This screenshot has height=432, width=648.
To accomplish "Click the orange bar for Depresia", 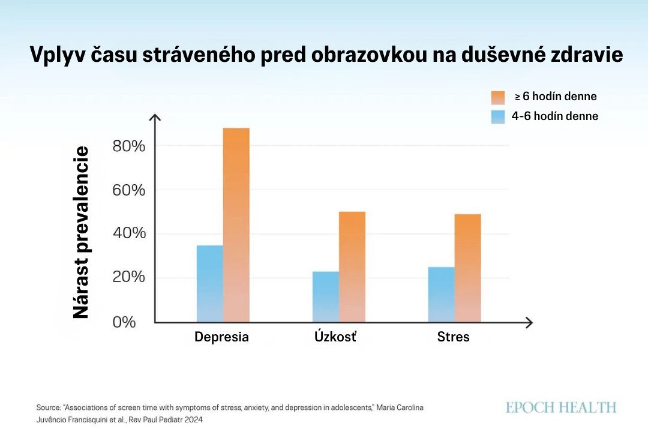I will point(236,225).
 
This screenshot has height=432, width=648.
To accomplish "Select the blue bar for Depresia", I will point(209,284).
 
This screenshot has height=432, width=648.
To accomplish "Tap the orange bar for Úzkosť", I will point(352,267).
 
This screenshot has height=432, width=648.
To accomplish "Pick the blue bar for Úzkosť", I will point(325,297).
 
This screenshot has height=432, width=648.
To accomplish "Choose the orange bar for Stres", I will point(467,268).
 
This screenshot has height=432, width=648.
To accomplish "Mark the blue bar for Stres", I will point(441,295).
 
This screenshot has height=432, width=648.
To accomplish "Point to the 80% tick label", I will point(128,146).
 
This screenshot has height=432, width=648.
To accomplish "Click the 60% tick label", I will point(128,190).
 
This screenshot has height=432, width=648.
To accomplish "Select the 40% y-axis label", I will point(128,234).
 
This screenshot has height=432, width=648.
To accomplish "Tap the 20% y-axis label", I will point(128,278).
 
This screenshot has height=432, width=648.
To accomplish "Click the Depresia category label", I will point(221,337).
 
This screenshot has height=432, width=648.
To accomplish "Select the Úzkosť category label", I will point(335,336).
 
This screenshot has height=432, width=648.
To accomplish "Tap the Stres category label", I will point(454,337).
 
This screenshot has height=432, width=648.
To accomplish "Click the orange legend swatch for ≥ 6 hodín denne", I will point(499,97).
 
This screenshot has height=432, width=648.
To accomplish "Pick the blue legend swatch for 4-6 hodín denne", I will point(499,116).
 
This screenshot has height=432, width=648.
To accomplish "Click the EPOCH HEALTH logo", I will point(561,408).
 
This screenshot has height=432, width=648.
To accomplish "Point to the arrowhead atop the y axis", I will point(155,117).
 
